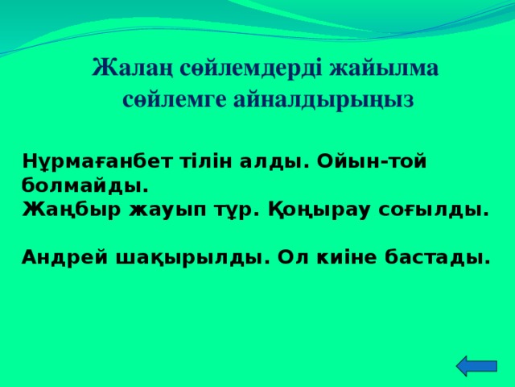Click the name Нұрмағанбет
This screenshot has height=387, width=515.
pos(89,160)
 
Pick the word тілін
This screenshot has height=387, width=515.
pos(190,160)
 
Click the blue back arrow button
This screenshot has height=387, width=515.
pos(476,365)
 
